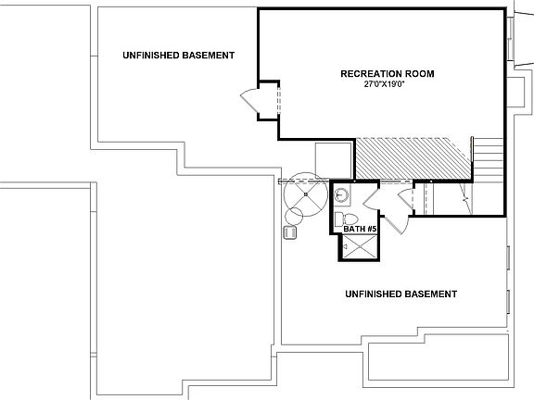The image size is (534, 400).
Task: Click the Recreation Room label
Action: [x=388, y=72]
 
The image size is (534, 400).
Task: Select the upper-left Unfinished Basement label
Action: [x=178, y=56]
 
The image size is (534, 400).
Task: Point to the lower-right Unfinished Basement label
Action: [x=400, y=294]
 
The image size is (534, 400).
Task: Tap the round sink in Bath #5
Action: [x=342, y=194]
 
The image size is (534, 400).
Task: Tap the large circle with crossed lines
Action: [x=305, y=194]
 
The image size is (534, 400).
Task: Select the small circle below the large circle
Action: [x=294, y=218]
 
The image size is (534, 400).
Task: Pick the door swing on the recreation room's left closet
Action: [x=249, y=100]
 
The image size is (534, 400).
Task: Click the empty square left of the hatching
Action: [x=333, y=158]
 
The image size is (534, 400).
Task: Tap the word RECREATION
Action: [x=366, y=72]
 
